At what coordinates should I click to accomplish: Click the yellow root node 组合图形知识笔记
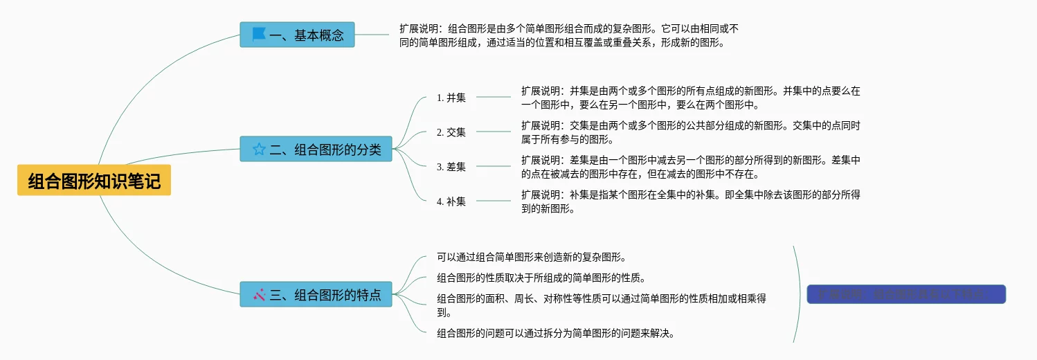tap(94, 181)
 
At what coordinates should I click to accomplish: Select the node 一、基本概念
tap(297, 35)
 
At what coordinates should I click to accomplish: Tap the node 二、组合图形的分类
tap(316, 149)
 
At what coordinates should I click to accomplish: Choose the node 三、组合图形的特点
tap(316, 294)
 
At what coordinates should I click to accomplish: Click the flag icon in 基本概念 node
tap(259, 34)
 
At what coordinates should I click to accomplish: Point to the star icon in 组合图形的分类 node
tap(259, 149)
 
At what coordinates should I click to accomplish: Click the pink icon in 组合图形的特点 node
tap(260, 294)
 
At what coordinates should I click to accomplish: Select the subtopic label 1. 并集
tap(451, 98)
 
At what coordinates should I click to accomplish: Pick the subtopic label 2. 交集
tap(451, 132)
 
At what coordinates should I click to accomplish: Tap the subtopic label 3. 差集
tap(451, 166)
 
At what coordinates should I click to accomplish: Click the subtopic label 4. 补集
tap(451, 201)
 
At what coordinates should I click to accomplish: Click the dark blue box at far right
tap(905, 294)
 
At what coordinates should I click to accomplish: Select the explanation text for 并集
tap(690, 98)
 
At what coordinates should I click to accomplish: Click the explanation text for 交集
tap(690, 132)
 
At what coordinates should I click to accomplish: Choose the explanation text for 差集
tap(690, 166)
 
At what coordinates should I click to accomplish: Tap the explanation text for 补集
tap(690, 201)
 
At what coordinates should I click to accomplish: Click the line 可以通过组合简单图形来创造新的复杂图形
tap(532, 258)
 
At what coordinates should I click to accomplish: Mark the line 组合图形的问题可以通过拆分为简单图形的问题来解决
tap(555, 333)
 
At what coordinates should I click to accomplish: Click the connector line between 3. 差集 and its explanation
tap(493, 166)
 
